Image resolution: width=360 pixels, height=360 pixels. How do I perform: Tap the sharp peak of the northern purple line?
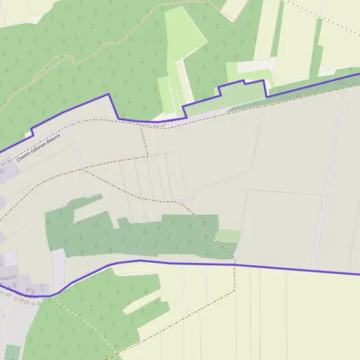[x=109, y=94]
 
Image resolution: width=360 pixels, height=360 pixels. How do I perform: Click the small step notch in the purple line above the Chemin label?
[x=32, y=131]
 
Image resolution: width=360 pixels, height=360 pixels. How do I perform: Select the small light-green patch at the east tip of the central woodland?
[x=228, y=236]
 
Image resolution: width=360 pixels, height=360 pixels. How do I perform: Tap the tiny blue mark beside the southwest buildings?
[x=42, y=289]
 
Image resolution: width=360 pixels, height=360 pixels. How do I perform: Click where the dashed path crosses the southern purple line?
[x=235, y=264]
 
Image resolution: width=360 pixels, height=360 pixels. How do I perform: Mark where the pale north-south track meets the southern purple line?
[x=313, y=268]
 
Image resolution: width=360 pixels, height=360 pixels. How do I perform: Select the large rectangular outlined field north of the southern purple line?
[x=279, y=228]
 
